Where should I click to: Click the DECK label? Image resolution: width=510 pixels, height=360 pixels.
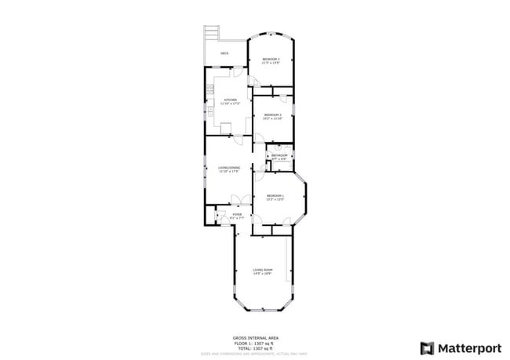click(x=224, y=53)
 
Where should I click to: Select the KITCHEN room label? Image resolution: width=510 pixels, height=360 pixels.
click(x=230, y=100)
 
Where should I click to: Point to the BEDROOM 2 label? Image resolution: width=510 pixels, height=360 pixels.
click(x=272, y=115)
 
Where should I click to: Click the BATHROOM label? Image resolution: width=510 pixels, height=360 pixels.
click(x=279, y=156)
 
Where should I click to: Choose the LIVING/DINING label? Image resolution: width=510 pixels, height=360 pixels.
click(x=228, y=168)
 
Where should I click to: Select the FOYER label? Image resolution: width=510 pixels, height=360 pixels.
click(x=236, y=215)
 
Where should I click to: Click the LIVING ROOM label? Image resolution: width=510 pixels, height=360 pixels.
click(x=262, y=271)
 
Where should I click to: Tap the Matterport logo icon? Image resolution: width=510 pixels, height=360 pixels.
click(x=428, y=347)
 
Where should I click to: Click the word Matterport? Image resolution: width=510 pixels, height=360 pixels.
click(x=468, y=347)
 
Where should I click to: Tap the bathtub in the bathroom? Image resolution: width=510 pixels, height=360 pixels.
click(x=279, y=147)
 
